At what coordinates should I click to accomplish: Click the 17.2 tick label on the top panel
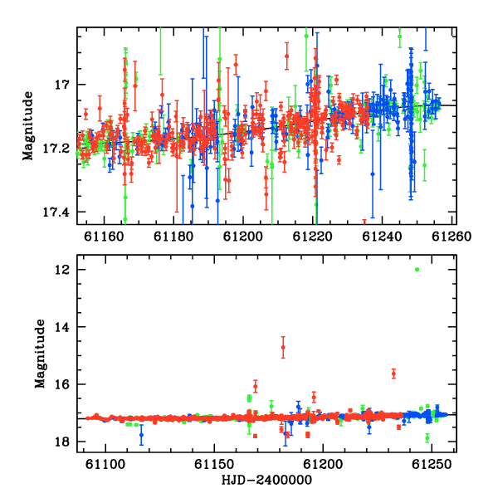click(x=56, y=149)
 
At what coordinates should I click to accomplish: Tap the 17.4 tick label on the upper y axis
click(x=56, y=212)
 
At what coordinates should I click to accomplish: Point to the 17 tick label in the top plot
click(x=61, y=85)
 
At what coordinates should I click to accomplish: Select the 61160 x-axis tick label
click(x=104, y=237)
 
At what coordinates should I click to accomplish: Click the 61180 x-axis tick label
click(x=173, y=237)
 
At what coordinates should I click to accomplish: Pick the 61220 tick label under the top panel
click(x=313, y=237)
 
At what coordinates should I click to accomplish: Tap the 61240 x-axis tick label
click(x=382, y=237)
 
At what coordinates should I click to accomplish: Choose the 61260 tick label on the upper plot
click(x=452, y=237)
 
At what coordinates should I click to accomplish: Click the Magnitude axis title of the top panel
click(x=27, y=126)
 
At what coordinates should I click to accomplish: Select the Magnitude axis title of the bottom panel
click(x=40, y=354)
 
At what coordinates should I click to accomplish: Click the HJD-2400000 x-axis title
click(x=266, y=480)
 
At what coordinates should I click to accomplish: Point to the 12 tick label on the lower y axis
click(x=61, y=270)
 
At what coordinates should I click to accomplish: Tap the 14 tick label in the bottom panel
click(x=61, y=327)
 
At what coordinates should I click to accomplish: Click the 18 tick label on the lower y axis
click(x=61, y=442)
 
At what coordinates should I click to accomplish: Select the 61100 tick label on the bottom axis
click(x=105, y=465)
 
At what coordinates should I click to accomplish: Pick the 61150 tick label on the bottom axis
click(x=214, y=465)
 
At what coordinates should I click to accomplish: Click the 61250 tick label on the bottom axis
click(x=432, y=465)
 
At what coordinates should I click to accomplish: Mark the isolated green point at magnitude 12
click(x=417, y=270)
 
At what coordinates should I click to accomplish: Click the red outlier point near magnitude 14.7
click(x=283, y=348)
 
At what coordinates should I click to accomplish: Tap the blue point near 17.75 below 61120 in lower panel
click(x=141, y=435)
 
